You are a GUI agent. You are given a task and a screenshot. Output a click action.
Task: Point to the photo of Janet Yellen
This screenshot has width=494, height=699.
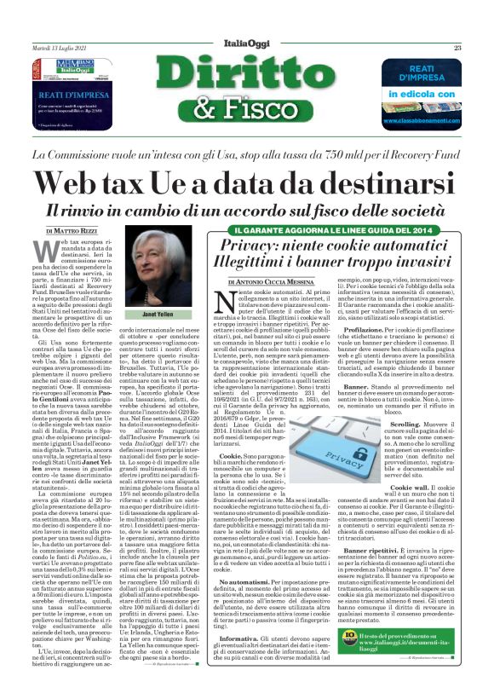[x=163, y=270]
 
